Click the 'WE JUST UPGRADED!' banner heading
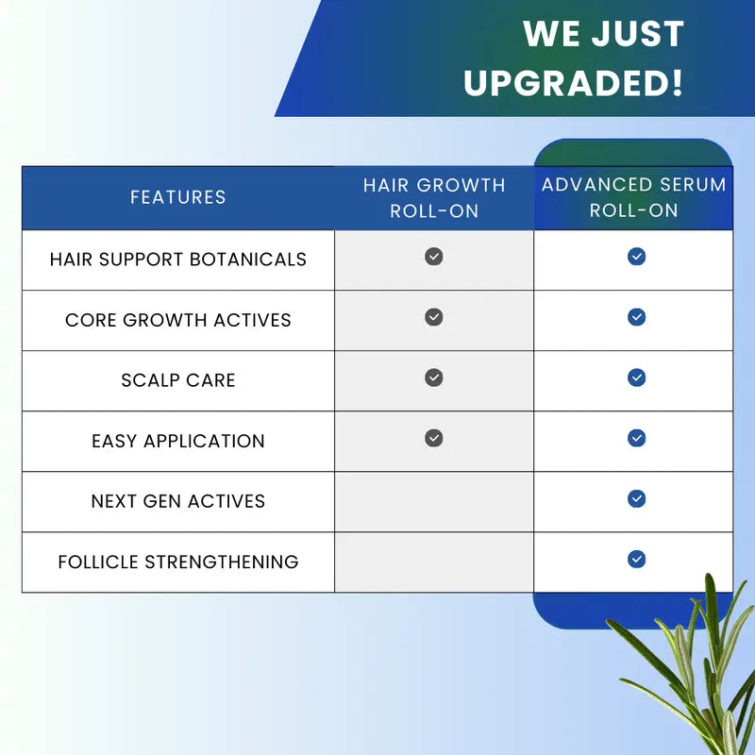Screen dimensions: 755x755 click(x=574, y=58)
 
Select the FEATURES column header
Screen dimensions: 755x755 click(x=178, y=197)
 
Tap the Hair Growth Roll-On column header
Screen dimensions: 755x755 click(x=434, y=197)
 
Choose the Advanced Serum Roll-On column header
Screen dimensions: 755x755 click(x=633, y=197)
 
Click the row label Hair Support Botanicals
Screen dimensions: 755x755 click(x=178, y=259)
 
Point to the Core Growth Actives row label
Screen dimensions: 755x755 click(x=178, y=320)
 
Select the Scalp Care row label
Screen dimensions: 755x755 click(x=178, y=380)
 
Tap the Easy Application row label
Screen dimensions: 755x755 click(x=178, y=441)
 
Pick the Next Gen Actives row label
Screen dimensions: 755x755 click(x=178, y=501)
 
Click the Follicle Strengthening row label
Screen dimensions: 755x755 click(x=178, y=562)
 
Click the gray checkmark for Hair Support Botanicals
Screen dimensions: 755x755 click(x=434, y=257)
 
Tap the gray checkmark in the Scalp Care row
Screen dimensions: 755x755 click(x=434, y=377)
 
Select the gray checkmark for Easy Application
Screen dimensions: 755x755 click(x=434, y=438)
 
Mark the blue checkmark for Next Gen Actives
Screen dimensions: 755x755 click(x=637, y=498)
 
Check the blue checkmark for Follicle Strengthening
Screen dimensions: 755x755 click(x=637, y=560)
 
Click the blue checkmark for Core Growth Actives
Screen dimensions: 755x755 click(x=637, y=317)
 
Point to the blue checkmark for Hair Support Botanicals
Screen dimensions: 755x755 click(x=637, y=257)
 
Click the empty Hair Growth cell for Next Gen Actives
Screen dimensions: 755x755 click(x=434, y=501)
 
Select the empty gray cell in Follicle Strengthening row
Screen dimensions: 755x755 click(x=434, y=562)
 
